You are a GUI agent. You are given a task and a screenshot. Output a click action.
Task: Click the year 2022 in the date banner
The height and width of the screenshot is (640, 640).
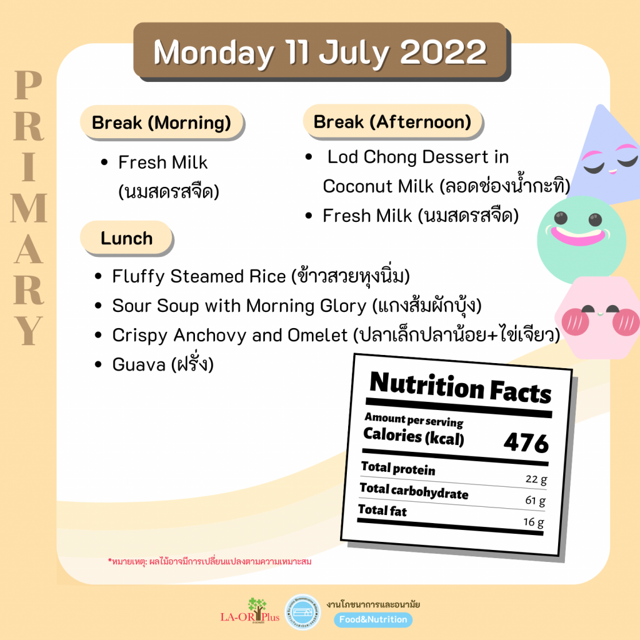[443, 52]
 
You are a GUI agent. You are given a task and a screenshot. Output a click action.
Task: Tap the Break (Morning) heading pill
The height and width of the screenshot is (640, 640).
[162, 122]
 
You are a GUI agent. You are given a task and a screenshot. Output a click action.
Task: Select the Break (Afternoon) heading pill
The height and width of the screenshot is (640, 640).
[392, 122]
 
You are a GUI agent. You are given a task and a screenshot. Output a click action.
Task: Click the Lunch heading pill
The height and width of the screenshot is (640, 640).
[126, 238]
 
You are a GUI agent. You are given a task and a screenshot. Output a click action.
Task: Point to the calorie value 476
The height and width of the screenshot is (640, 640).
[526, 442]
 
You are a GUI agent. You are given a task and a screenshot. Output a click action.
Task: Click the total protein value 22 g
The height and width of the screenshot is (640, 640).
[536, 479]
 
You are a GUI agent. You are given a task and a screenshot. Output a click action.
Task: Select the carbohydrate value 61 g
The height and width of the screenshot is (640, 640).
[535, 501]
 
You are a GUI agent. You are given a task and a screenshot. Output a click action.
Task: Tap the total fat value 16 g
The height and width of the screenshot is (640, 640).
[534, 522]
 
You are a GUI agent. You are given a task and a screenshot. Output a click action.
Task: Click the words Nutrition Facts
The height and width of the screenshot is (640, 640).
[461, 387]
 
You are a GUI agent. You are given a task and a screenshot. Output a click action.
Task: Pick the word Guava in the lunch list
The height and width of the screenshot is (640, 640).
[139, 364]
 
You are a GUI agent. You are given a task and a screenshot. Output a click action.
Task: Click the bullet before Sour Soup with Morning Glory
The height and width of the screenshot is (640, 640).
[98, 306]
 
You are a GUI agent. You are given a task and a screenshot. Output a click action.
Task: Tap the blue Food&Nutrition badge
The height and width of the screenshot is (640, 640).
[373, 619]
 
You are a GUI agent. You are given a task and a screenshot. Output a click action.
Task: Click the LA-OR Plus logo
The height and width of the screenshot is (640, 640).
[250, 611]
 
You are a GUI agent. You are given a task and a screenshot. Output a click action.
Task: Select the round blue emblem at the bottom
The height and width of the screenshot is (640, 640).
[302, 612]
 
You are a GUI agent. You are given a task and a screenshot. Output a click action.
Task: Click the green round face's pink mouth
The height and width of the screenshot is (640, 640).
[578, 236]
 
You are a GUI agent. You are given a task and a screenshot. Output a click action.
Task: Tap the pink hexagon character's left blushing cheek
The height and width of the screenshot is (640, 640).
[576, 322]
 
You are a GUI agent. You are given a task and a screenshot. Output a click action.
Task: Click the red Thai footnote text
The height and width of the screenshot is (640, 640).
[209, 562]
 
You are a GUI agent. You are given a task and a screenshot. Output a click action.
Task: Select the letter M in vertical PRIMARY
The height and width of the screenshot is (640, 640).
[29, 207]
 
